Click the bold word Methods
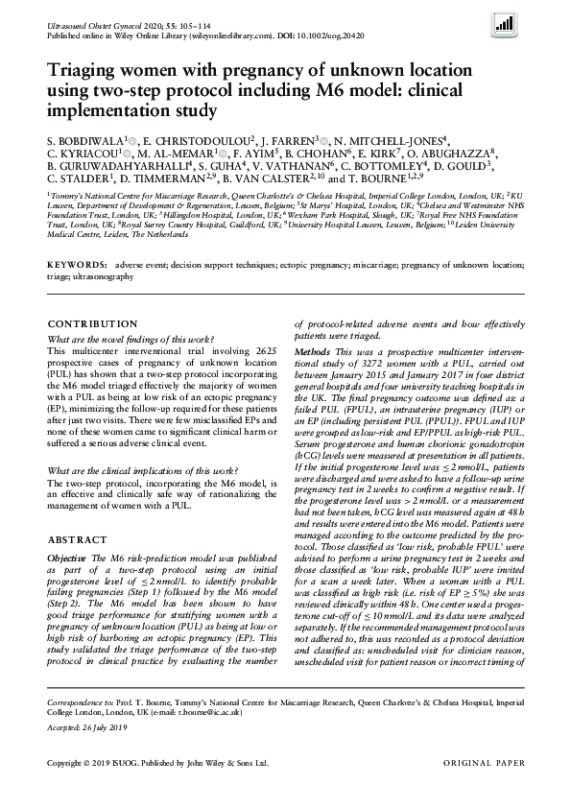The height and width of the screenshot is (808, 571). [x=314, y=353]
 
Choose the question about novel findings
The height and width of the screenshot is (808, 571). [x=138, y=340]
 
